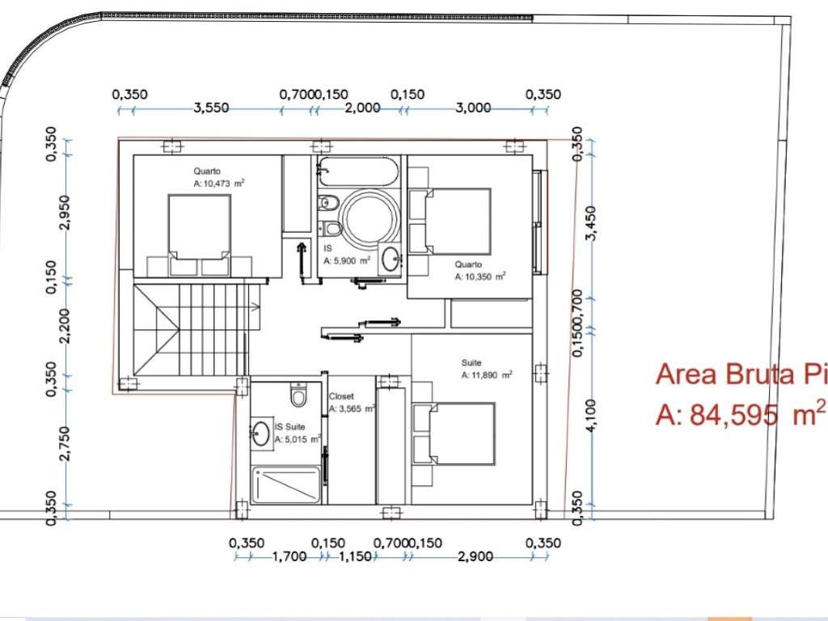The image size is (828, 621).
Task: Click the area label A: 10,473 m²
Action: click(219, 184)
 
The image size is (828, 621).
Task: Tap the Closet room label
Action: click(340, 396)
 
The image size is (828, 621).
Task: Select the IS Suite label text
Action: click(290, 426)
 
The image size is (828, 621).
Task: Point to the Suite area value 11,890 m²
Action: click(487, 375)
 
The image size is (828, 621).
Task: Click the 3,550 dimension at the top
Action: click(212, 108)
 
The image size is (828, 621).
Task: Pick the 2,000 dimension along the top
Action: click(361, 108)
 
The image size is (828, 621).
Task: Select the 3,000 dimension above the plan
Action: click(473, 108)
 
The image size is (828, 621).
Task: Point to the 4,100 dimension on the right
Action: click(591, 416)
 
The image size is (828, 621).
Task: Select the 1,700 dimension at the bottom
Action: click(289, 557)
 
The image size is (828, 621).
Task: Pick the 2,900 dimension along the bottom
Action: click(479, 557)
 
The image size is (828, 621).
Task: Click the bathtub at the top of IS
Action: click(357, 171)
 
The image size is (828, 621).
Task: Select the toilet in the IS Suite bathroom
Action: click(298, 396)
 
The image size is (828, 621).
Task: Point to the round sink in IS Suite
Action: click(260, 433)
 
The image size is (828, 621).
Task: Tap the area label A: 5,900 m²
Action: click(347, 261)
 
